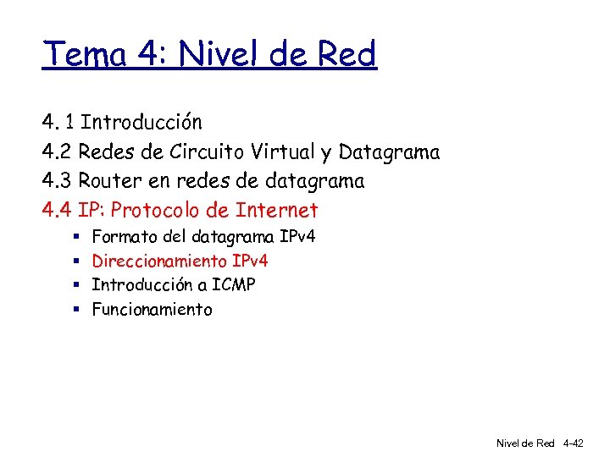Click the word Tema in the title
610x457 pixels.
point(85,56)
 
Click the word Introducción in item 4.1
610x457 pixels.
point(141,123)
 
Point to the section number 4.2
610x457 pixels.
point(58,152)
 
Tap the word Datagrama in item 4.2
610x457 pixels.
point(389,152)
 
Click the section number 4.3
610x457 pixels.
point(58,181)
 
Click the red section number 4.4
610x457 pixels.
point(58,210)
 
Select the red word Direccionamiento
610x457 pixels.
point(159,261)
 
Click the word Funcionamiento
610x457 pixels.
point(152,310)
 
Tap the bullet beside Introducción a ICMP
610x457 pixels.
point(75,285)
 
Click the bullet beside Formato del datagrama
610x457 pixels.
point(75,236)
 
